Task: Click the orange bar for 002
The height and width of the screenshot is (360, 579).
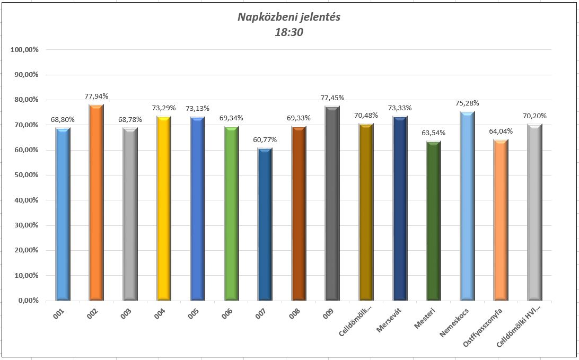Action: [96, 203]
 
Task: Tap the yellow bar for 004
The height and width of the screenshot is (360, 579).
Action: [164, 208]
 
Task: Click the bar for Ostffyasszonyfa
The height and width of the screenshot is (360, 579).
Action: [501, 220]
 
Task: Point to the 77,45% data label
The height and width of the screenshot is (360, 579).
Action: [332, 98]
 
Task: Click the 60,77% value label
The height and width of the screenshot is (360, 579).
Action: [265, 139]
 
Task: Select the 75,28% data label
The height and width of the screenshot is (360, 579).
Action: [467, 103]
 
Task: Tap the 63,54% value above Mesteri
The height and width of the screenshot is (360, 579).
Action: [433, 133]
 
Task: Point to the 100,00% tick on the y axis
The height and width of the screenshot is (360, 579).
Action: [24, 49]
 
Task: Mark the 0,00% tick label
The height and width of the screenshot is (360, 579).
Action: [28, 301]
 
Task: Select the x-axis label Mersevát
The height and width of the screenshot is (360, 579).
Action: [389, 320]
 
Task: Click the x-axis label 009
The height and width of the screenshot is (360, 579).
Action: [329, 313]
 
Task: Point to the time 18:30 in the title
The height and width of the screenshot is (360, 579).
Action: [289, 32]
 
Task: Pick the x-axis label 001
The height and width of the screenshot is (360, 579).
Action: [60, 313]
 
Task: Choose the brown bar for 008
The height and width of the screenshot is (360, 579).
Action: [299, 213]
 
